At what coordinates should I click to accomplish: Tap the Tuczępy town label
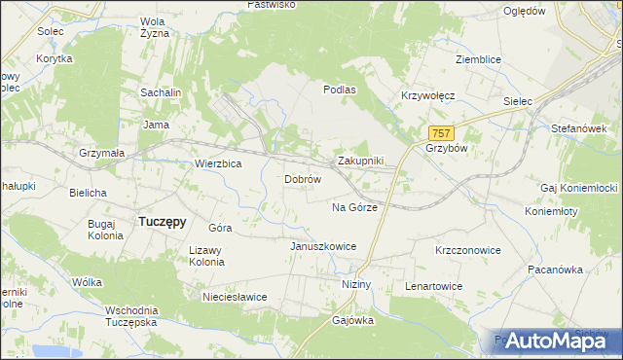163,221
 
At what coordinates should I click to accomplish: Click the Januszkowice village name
323,246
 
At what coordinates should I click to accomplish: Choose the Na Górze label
354,207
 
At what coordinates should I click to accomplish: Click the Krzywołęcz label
428,96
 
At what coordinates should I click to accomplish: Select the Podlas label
340,89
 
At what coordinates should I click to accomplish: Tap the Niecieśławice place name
234,297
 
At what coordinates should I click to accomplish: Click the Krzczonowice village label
467,250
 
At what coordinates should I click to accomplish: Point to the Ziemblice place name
478,59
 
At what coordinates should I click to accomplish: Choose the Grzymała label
101,154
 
